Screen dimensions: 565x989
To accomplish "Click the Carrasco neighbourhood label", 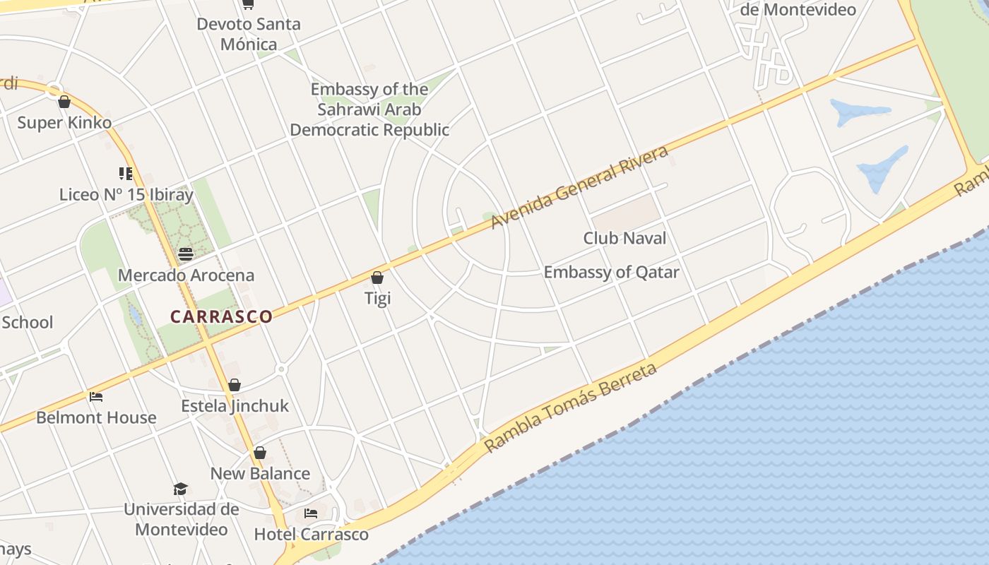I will click(x=221, y=316).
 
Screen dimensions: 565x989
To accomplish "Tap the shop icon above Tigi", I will click(x=377, y=278).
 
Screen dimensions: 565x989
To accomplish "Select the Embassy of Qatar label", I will click(x=611, y=272).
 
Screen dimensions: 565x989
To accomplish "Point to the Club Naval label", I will click(x=624, y=238).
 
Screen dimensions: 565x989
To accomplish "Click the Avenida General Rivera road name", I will click(x=579, y=187).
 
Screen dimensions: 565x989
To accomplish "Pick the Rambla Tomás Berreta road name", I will click(x=570, y=408).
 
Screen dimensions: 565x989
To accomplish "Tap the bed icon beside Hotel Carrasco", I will click(x=310, y=513).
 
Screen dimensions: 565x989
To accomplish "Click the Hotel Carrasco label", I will click(x=312, y=534).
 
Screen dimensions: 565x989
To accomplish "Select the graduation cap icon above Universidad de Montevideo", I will click(x=181, y=489).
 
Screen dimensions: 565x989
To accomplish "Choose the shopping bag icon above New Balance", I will click(x=260, y=453).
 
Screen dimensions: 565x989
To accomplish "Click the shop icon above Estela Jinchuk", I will click(x=235, y=385).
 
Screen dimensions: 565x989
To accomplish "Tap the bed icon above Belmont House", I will click(x=96, y=397).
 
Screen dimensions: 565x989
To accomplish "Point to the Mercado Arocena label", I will click(x=186, y=275).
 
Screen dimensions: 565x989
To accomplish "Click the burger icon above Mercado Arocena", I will click(x=186, y=254).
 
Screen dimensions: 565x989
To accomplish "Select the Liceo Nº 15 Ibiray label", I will click(x=126, y=194).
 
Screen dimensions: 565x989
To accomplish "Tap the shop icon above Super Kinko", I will click(x=64, y=102).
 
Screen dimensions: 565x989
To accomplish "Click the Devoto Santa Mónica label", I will click(x=249, y=34).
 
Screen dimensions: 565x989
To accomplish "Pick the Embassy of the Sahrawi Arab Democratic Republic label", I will click(x=369, y=109).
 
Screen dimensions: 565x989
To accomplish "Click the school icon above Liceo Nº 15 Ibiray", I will click(x=126, y=173).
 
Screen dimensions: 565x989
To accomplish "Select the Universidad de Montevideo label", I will click(x=182, y=519).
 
